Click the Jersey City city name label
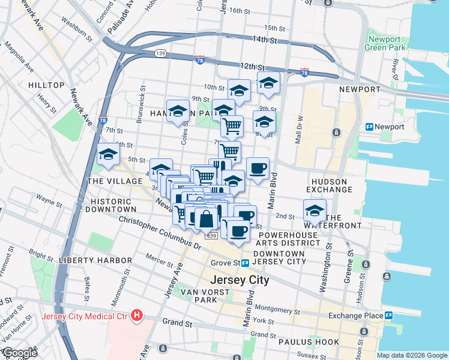(239, 280)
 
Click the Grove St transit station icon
(246, 263)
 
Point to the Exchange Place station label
(355, 316)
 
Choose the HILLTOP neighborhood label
(46, 86)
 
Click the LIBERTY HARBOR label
(95, 260)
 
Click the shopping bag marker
(206, 218)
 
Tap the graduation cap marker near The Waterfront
(315, 211)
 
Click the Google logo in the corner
(19, 353)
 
